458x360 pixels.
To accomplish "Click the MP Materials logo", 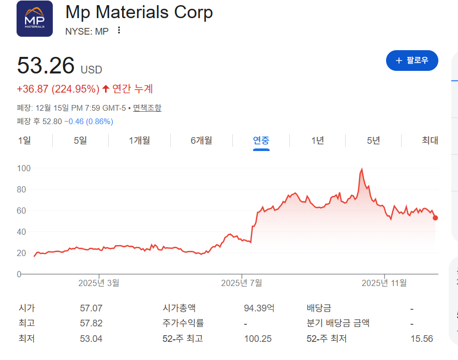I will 35,19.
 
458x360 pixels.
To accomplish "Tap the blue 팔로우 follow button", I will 412,61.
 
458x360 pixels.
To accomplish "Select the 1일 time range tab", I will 24,140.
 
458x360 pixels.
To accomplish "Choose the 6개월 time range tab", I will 201,140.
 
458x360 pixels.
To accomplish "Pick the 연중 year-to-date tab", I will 261,140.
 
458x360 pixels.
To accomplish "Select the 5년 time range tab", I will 373,140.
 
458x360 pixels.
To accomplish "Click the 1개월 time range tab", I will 139,140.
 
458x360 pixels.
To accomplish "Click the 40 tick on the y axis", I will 22,232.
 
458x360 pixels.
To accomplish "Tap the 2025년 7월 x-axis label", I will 242,283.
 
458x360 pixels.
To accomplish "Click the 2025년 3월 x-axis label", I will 99,283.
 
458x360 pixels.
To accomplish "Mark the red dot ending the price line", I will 435,218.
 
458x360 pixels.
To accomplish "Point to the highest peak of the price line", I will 362,169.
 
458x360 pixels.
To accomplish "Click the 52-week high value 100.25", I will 258,339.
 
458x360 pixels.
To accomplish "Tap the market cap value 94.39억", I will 259,308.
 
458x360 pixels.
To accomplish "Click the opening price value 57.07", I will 91,308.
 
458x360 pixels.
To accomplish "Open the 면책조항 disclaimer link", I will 147,108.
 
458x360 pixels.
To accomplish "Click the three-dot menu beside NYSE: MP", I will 119,31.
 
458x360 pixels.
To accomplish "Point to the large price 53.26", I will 46,66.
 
